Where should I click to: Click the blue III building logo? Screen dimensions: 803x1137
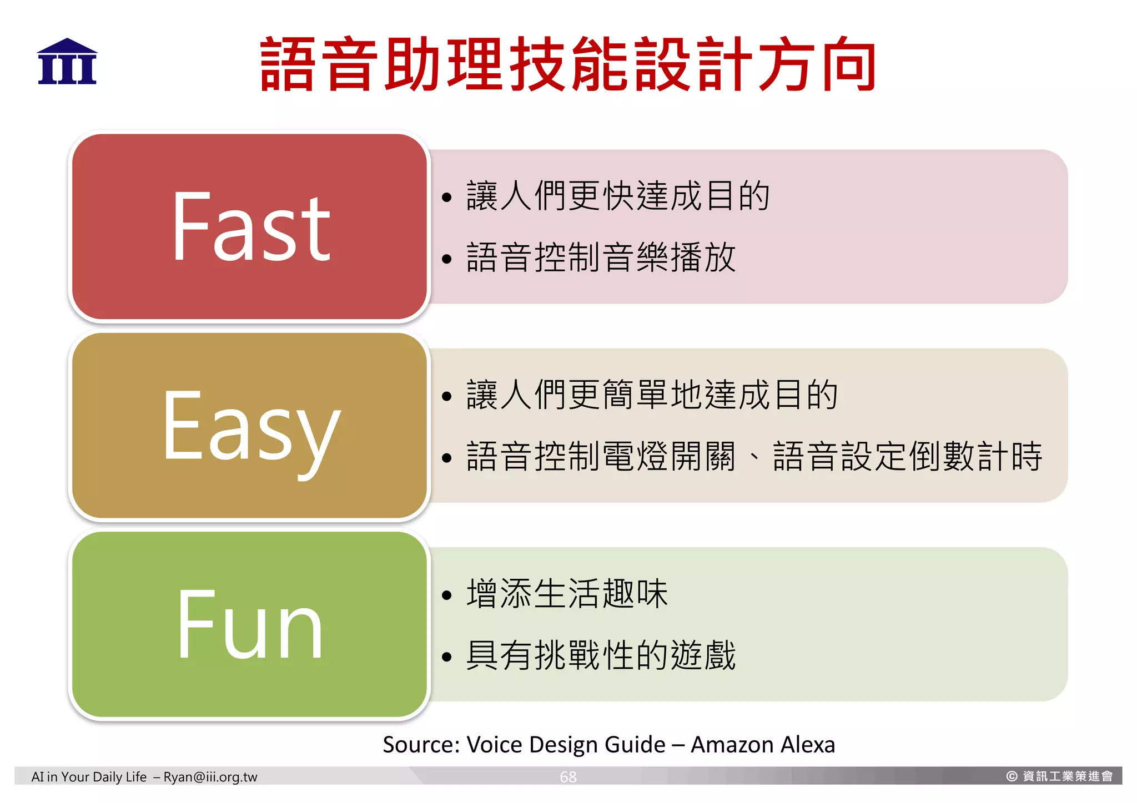click(x=67, y=62)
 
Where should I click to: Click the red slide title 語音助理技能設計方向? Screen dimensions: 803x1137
click(x=567, y=64)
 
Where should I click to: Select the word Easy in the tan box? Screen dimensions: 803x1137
click(x=251, y=427)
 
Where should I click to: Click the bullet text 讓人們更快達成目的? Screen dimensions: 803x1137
click(x=618, y=196)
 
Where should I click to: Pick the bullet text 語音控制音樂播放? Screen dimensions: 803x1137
click(x=601, y=257)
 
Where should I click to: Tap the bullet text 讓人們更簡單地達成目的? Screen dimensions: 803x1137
click(x=652, y=395)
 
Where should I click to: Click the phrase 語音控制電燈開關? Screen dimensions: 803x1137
click(x=601, y=457)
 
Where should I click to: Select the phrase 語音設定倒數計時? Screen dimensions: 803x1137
click(x=908, y=457)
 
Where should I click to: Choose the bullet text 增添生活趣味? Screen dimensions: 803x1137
click(x=567, y=594)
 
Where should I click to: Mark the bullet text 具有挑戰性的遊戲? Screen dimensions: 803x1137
click(x=601, y=655)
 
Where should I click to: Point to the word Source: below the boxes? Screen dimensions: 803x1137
click(x=421, y=745)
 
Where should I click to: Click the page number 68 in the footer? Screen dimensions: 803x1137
click(x=568, y=777)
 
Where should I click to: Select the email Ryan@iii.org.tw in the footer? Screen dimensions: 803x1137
click(x=210, y=777)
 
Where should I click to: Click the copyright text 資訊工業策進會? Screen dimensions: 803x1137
click(x=1067, y=776)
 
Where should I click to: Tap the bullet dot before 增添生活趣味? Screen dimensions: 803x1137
click(x=447, y=595)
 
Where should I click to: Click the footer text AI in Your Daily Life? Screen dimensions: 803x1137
click(x=89, y=777)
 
